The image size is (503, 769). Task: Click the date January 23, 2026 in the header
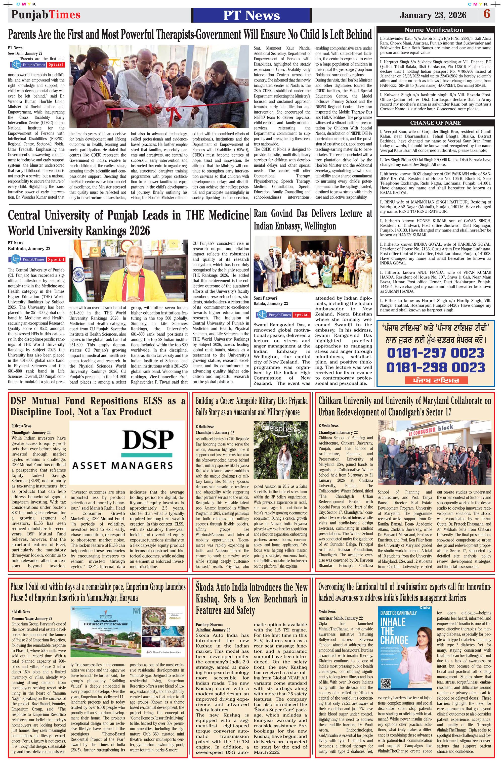pyautogui.click(x=433, y=15)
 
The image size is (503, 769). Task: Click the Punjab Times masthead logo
pyautogui.click(x=46, y=15)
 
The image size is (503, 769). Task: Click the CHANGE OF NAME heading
pyautogui.click(x=435, y=123)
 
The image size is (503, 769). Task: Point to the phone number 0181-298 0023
pyautogui.click(x=435, y=367)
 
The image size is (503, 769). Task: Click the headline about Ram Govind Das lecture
pyautogui.click(x=313, y=220)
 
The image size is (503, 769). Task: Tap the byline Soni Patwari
pyautogui.click(x=265, y=298)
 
